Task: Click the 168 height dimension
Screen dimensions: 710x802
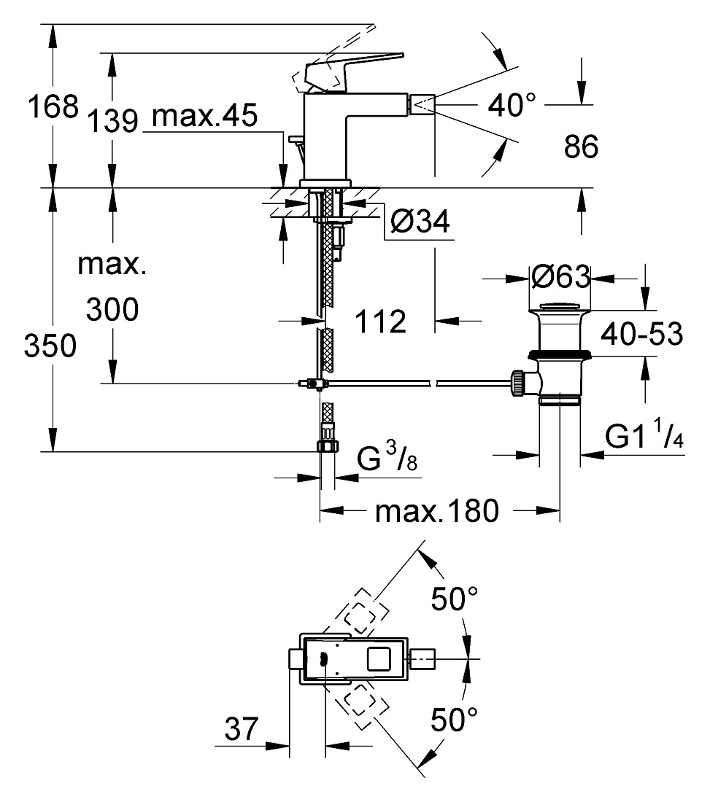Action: point(53,106)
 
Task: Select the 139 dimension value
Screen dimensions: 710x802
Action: point(112,121)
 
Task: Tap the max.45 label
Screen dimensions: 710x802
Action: point(205,116)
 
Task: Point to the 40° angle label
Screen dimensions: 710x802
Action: point(512,105)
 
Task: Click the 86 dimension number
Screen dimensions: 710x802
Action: point(581,146)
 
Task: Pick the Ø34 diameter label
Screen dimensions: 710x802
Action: point(420,221)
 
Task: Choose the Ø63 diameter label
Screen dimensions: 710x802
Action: point(560,277)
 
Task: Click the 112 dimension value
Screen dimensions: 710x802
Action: point(380,322)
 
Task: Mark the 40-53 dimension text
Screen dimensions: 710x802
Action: point(642,334)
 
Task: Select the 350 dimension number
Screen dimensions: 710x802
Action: point(50,346)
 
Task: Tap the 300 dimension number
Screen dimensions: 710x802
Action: point(112,309)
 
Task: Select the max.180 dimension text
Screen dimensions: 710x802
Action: point(436,510)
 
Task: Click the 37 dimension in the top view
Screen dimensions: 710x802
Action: point(242,728)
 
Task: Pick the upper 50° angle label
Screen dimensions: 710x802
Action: point(454,599)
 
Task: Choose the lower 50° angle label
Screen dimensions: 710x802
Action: point(454,719)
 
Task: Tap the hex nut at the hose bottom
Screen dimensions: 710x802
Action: point(328,445)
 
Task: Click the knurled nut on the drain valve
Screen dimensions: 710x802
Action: point(517,383)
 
